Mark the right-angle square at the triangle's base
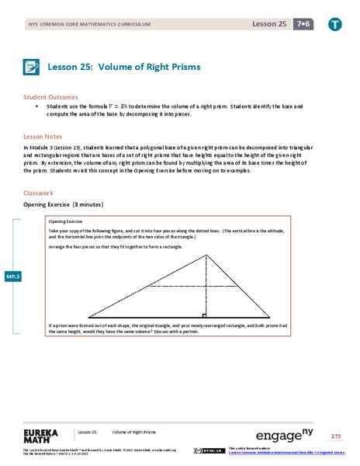203,315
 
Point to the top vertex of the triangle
206,252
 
